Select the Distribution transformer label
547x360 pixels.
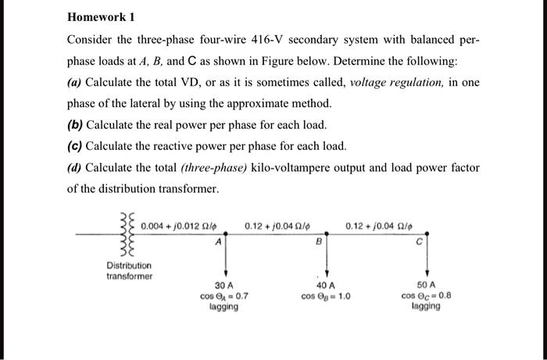click(130, 270)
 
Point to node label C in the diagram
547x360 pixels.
click(420, 242)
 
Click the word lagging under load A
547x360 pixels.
click(224, 308)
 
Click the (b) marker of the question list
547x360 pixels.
click(76, 125)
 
